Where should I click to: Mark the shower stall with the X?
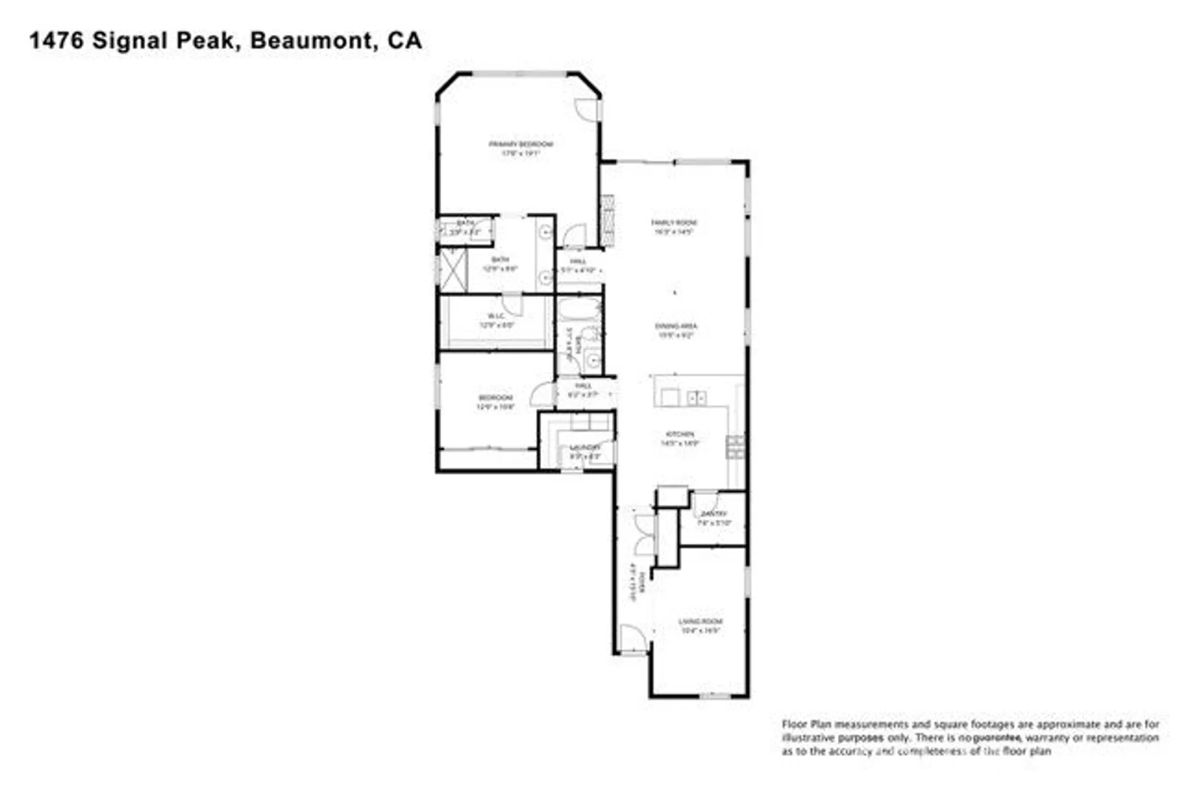(x=453, y=270)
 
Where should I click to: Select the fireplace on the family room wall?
(x=607, y=220)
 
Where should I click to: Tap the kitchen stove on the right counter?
(x=735, y=447)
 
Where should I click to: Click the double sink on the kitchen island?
(x=696, y=398)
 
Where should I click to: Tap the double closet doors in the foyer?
(x=645, y=534)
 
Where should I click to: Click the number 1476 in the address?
(x=57, y=40)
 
